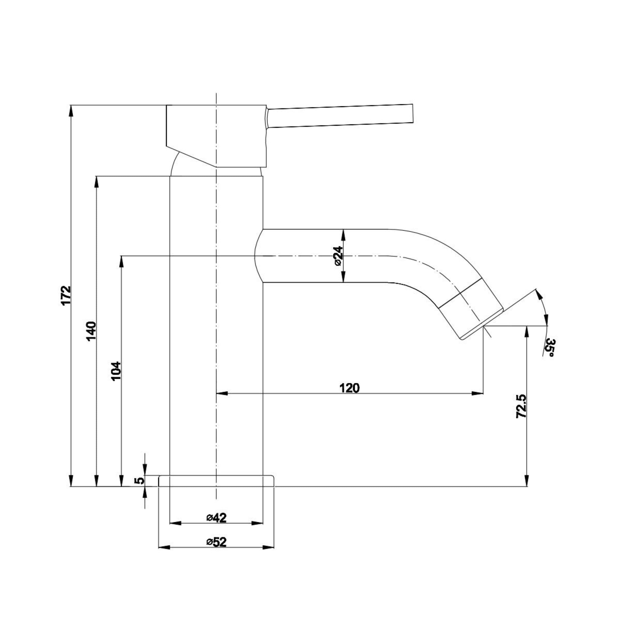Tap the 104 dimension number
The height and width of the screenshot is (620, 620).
[116, 371]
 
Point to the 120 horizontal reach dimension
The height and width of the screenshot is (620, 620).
[349, 388]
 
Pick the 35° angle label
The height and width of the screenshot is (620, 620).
[550, 348]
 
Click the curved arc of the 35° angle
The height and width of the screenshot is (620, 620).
[544, 308]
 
